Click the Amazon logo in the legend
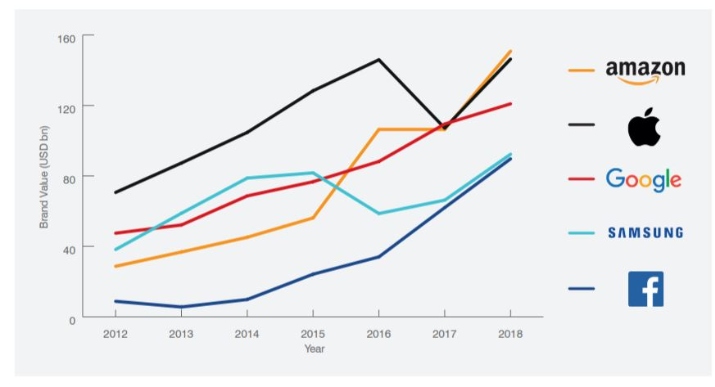tap(645, 71)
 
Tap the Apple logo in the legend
tap(645, 127)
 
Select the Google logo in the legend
tap(644, 180)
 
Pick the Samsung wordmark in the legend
tap(645, 233)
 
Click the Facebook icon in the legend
tap(645, 288)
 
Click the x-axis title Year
tap(315, 349)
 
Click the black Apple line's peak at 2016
tap(378, 59)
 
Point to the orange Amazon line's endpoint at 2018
tap(511, 50)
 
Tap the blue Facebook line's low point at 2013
tap(180, 307)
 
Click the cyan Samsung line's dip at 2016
tap(378, 213)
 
